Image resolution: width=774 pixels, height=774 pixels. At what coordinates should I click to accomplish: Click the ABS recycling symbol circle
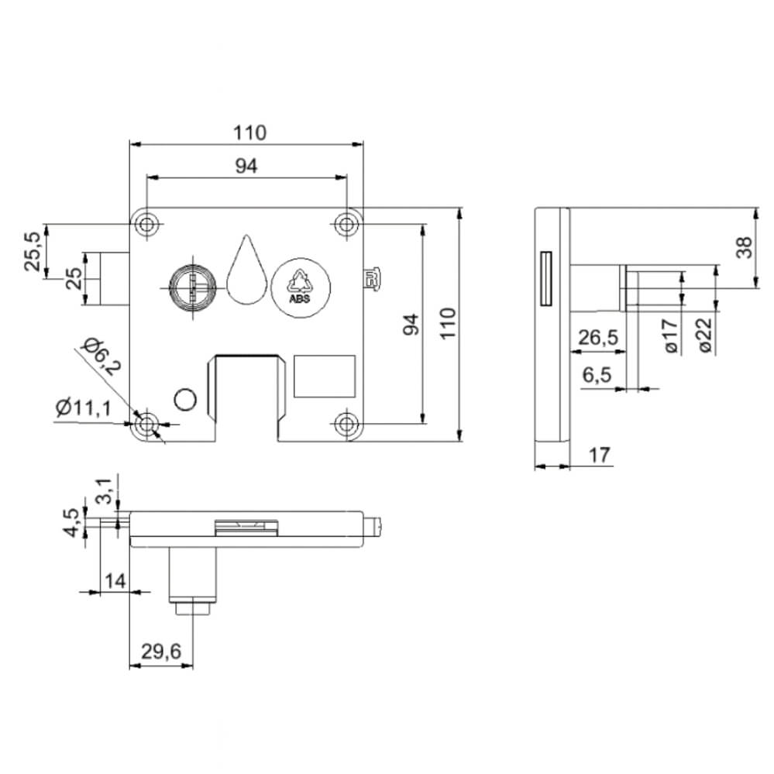[300, 287]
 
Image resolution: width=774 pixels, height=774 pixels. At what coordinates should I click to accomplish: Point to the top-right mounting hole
[346, 224]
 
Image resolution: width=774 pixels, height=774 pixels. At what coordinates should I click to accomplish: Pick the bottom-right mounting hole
[346, 424]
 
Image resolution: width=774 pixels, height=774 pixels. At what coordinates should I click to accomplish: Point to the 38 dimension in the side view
[744, 247]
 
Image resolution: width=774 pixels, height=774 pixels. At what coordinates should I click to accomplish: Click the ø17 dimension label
[672, 335]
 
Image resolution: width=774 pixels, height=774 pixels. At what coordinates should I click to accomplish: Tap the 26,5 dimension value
[597, 339]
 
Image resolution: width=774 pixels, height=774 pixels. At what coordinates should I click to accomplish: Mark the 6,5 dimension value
[597, 375]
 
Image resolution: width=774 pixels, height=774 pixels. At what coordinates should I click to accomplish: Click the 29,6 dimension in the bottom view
[160, 652]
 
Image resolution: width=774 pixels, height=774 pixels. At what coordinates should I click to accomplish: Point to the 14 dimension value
[114, 580]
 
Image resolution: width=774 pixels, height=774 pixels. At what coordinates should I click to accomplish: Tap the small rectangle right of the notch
[324, 375]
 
